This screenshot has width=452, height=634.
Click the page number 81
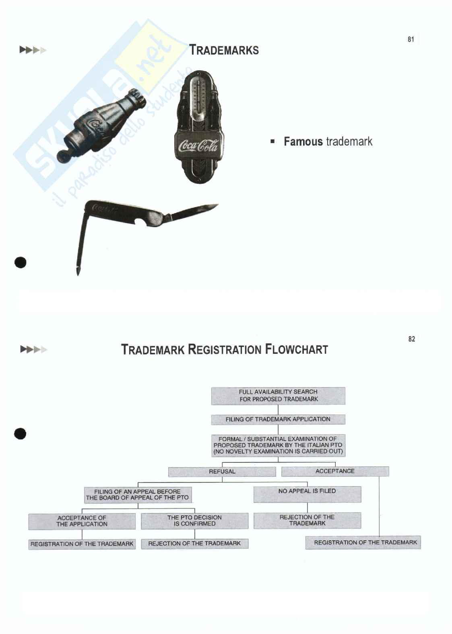coord(411,39)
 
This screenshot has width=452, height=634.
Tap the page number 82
coord(411,339)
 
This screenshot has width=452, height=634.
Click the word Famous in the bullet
coord(303,142)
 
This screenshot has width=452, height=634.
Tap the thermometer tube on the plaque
coord(197,96)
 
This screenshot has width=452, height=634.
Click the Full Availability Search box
coord(278,396)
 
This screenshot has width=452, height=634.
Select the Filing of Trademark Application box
coord(278,419)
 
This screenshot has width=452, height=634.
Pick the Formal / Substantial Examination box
coord(278,445)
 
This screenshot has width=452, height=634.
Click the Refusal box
coord(222,472)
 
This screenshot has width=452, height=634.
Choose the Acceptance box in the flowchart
coord(335,471)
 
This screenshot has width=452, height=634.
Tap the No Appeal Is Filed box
coord(307,494)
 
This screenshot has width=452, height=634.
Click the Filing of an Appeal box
coord(138,494)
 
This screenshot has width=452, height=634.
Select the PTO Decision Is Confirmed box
coord(194,521)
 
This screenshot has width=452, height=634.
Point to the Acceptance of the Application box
coord(82,521)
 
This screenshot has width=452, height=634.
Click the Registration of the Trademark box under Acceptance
coord(363,542)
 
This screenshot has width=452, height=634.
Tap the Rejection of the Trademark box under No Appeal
coord(307,520)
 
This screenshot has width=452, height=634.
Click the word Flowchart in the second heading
coord(296,349)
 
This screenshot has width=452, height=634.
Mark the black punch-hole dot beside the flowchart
coord(20,434)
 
